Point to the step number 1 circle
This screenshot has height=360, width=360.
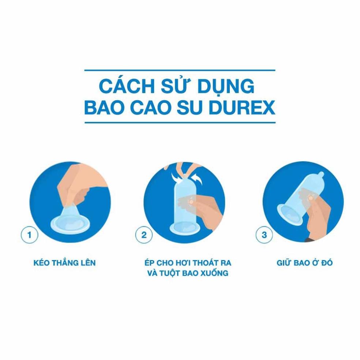click(x=29, y=235)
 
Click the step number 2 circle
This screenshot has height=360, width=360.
click(x=144, y=235)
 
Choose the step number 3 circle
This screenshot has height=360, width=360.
click(x=264, y=235)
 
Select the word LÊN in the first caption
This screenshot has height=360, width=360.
click(x=88, y=262)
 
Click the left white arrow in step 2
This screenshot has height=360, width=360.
click(x=176, y=178)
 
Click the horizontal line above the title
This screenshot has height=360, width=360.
click(x=180, y=70)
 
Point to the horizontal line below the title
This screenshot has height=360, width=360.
click(x=180, y=122)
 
